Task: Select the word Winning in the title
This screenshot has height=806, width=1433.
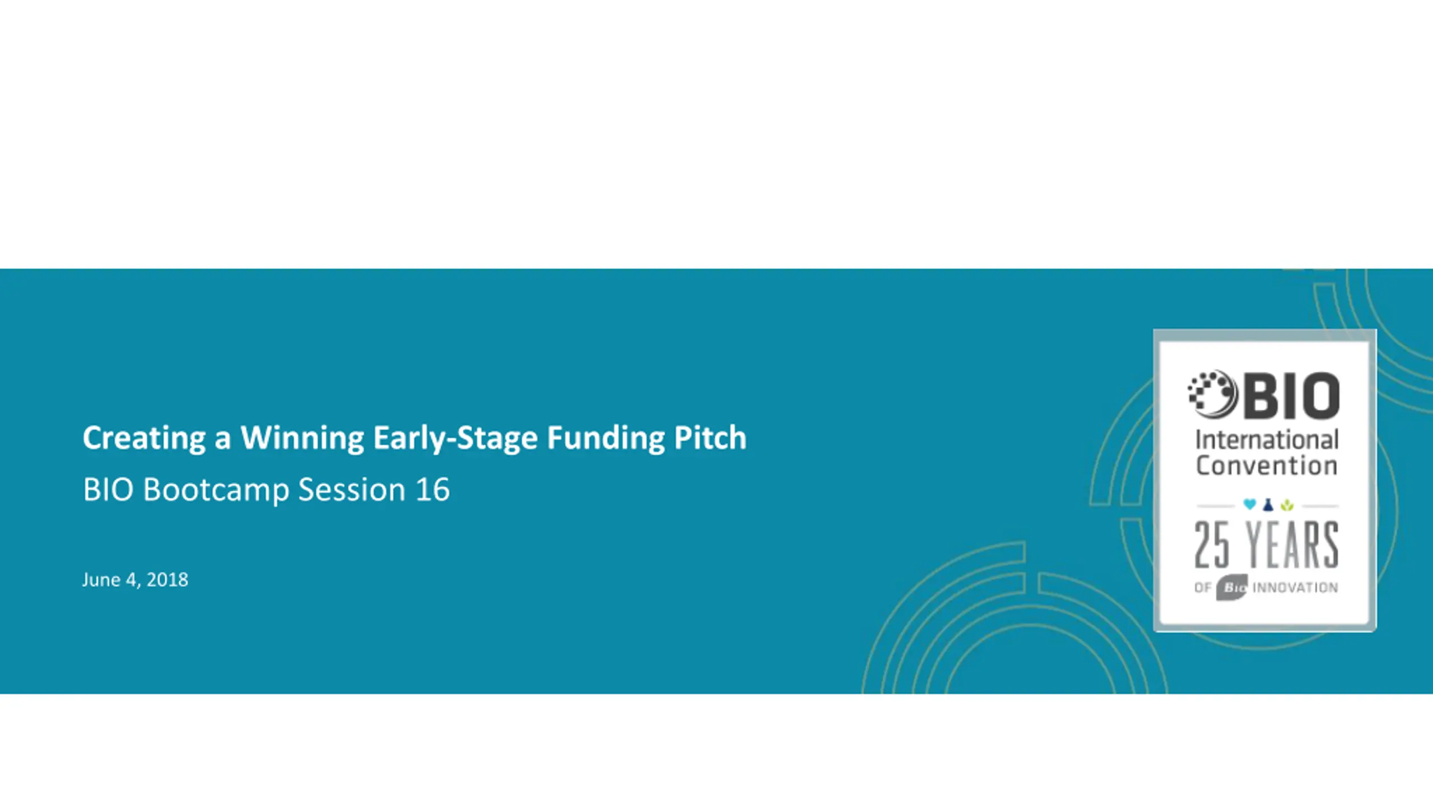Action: [302, 438]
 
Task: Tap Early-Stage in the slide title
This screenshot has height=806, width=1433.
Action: [456, 438]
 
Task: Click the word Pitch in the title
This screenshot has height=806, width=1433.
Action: [710, 437]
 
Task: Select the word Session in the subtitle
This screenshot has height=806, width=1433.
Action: [352, 489]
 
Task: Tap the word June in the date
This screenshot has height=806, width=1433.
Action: [101, 580]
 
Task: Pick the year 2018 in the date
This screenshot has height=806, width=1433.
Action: [167, 580]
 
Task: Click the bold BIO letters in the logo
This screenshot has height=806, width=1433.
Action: [1292, 396]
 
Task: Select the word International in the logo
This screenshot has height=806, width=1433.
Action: [1267, 440]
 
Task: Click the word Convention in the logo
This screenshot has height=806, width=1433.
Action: [1267, 466]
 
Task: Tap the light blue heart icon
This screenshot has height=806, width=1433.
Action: [1249, 505]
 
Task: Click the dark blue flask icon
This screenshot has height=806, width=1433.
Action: [1268, 505]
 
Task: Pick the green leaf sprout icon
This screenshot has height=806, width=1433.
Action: [1287, 505]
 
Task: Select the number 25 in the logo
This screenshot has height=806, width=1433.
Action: [1212, 545]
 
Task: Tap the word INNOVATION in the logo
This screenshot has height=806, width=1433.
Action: [1295, 588]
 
